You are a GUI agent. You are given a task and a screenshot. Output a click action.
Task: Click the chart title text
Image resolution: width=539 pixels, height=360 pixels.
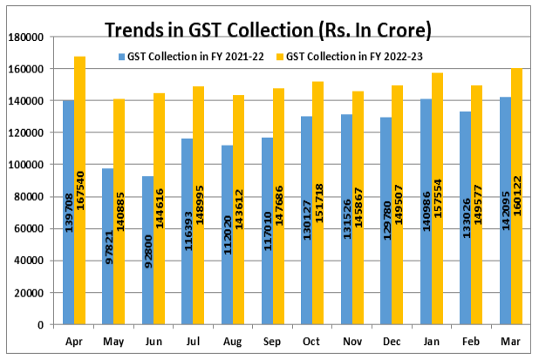coord(268,31)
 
